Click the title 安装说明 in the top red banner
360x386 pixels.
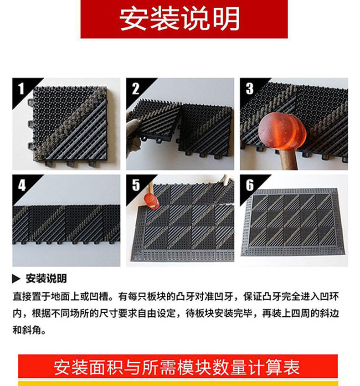click(180, 19)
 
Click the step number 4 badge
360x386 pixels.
click(22, 185)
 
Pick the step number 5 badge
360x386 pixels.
click(136, 185)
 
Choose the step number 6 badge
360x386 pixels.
click(250, 185)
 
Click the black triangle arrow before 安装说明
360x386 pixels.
click(16, 278)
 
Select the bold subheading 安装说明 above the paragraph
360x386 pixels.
click(46, 278)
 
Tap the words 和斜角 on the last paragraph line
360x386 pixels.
click(27, 330)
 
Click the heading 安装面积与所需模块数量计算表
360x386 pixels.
click(177, 367)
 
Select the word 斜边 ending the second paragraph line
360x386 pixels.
click(329, 314)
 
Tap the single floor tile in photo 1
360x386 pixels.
click(71, 125)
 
